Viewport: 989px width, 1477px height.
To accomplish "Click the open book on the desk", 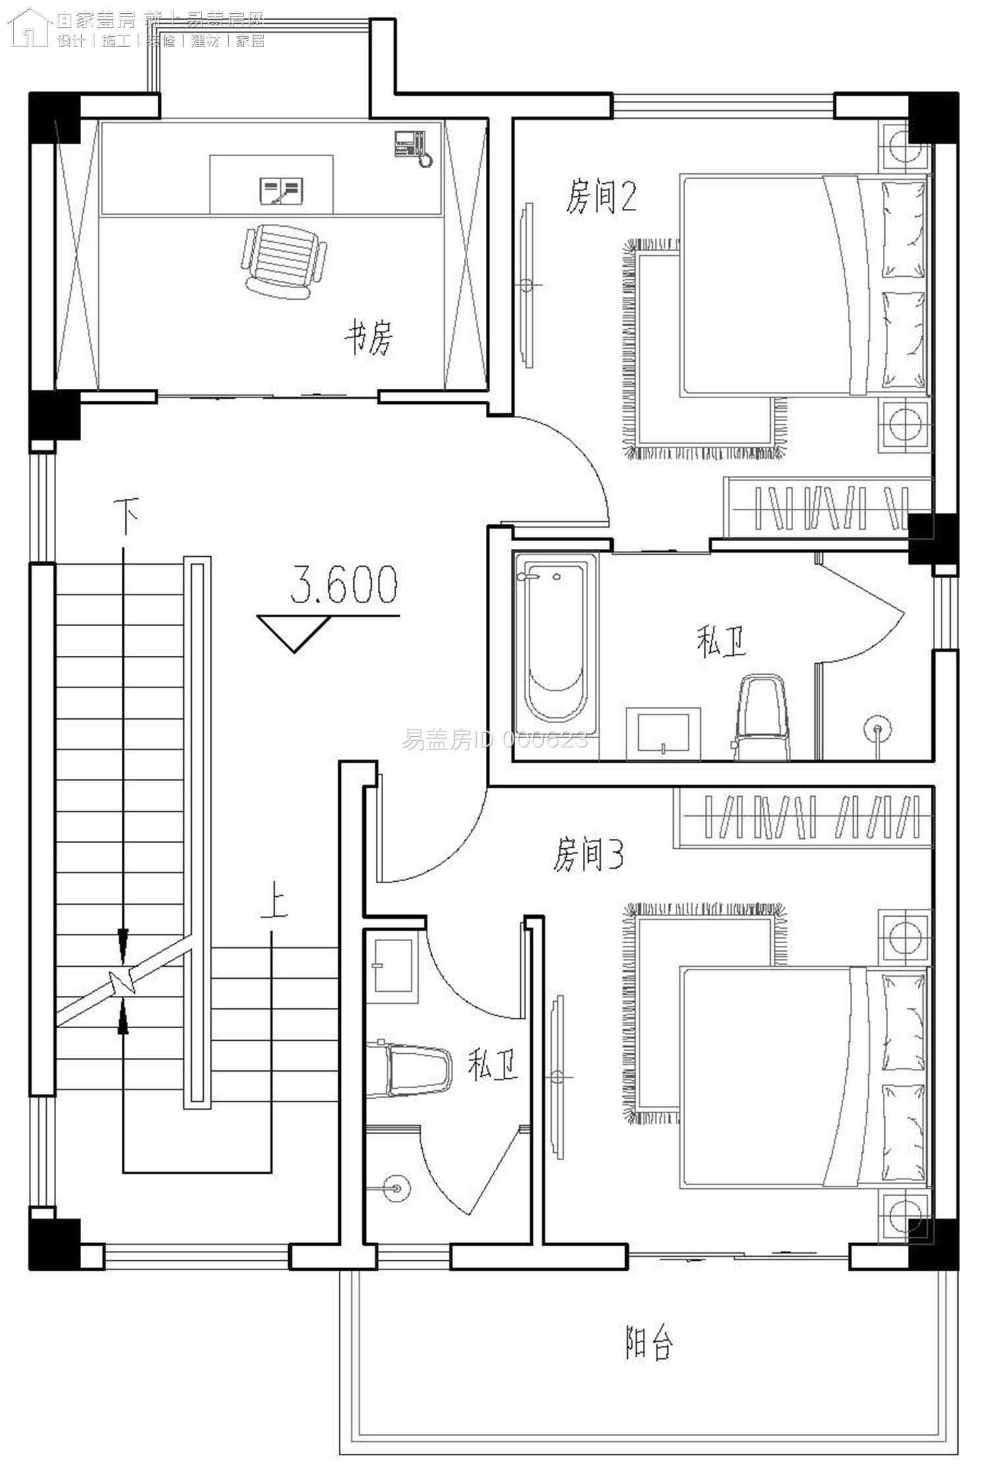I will (x=282, y=190).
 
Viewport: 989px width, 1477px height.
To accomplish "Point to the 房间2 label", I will (x=601, y=197).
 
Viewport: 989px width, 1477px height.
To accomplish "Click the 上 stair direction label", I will (x=273, y=904).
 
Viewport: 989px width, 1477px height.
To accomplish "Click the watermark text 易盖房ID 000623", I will (x=494, y=741).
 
